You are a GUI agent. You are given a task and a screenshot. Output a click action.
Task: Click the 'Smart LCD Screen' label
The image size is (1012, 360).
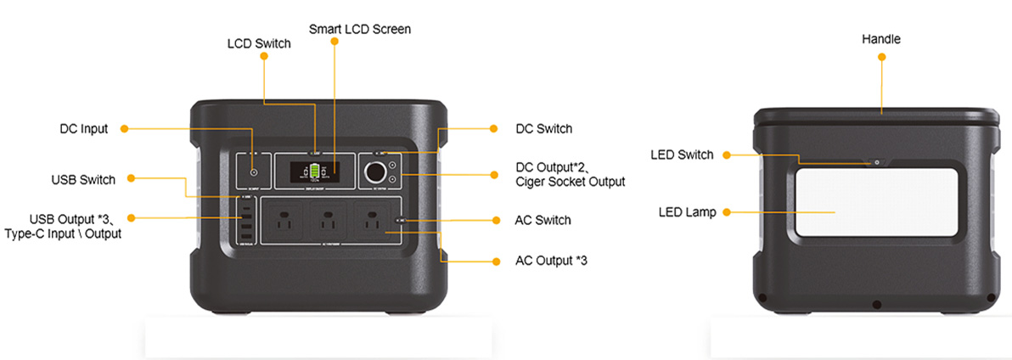coord(359,30)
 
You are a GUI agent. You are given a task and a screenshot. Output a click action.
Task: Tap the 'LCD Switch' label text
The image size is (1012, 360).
coord(258,43)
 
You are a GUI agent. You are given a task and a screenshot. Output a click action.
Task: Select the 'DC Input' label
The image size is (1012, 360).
coord(83,129)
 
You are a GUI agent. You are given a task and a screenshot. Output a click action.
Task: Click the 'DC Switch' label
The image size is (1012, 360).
coord(543,129)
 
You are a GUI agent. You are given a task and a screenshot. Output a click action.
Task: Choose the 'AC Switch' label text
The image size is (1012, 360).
coord(543,220)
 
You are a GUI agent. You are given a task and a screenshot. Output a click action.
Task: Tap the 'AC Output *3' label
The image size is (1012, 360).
coord(551,260)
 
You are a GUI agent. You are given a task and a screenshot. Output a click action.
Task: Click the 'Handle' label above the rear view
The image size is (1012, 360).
coord(880,39)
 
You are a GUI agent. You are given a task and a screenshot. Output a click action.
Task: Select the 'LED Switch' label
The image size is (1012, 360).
coord(682,155)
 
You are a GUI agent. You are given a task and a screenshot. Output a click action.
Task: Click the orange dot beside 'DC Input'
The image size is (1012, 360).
coord(124,129)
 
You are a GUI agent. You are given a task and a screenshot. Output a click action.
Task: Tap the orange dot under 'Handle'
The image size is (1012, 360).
coord(881,57)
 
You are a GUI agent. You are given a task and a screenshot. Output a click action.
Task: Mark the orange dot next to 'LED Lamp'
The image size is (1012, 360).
coord(725,211)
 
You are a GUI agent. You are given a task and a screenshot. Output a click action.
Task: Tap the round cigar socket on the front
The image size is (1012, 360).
coord(374,173)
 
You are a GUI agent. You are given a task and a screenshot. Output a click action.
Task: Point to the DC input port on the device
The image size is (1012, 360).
coord(254,173)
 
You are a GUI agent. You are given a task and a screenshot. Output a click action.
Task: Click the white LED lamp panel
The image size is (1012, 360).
coord(876,202)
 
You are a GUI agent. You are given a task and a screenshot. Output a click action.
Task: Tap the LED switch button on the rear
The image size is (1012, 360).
coord(877,162)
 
